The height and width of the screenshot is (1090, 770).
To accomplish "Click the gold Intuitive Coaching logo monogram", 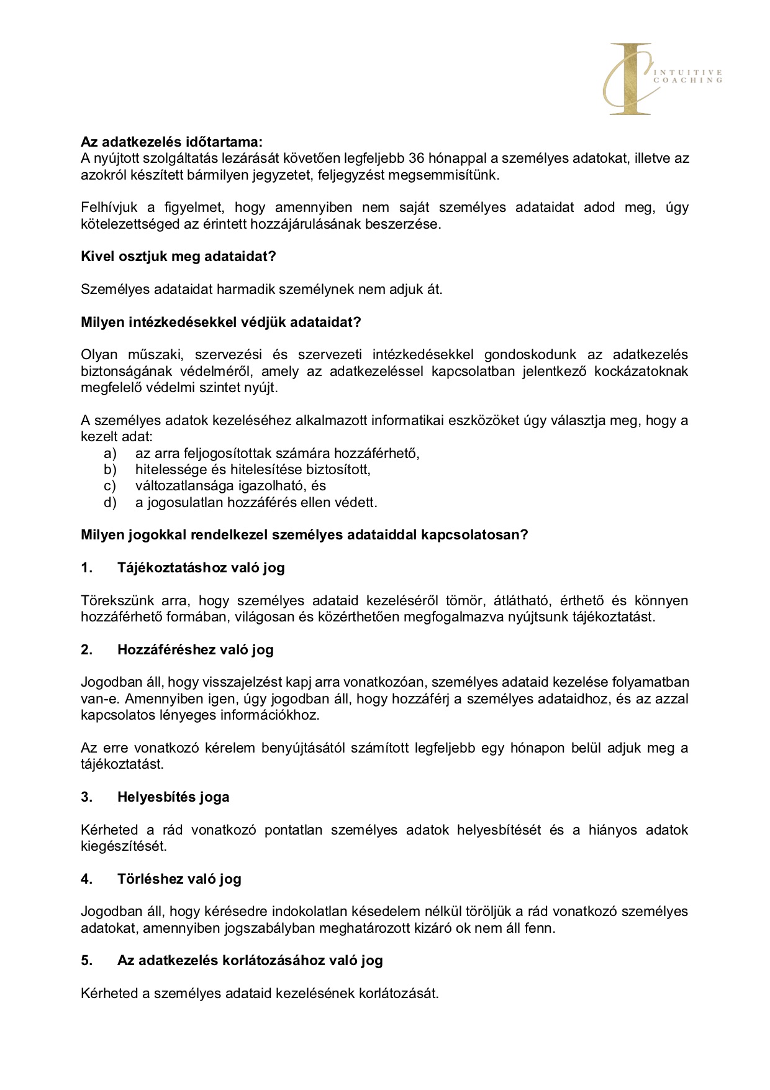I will (x=629, y=79).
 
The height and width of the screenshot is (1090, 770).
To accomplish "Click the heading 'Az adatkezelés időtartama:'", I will (x=171, y=142).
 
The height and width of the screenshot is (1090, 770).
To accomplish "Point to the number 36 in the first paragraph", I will (x=417, y=158).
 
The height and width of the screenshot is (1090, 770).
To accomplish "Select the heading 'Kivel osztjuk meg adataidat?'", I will (x=178, y=257).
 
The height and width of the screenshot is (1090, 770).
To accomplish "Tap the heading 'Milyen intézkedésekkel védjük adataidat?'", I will (x=220, y=323).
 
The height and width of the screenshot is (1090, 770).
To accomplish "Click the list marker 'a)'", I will (x=110, y=454).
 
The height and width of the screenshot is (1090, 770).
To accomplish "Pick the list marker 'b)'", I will (x=110, y=470).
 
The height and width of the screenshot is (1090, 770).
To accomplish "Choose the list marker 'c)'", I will (x=110, y=486).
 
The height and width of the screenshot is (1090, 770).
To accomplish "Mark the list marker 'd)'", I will (x=110, y=503).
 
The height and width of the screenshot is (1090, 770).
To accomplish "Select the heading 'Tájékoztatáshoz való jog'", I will (x=201, y=568).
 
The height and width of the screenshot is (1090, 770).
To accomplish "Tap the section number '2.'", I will (x=87, y=650).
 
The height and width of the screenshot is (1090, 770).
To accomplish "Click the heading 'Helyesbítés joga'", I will (x=173, y=797).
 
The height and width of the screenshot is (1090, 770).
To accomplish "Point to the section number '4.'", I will (x=87, y=879).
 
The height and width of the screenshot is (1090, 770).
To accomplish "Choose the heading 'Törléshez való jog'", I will (x=179, y=879).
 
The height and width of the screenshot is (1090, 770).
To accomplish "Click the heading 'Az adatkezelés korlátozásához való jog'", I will (x=250, y=961).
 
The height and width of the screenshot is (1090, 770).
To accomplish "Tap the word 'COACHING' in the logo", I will (x=688, y=81).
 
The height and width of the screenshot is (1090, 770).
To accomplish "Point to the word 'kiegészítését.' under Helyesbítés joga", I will (x=124, y=846).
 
